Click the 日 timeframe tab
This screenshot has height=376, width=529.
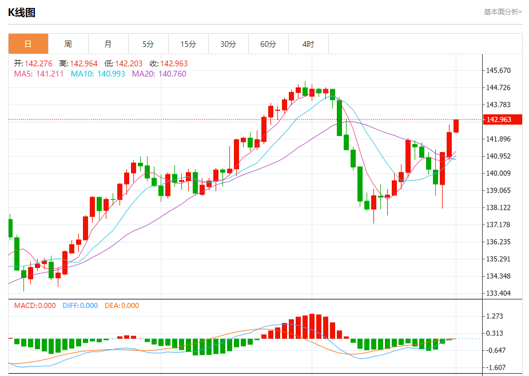tap(28, 44)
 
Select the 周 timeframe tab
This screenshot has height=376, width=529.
tap(68, 44)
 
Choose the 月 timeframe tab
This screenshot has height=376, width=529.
tap(108, 44)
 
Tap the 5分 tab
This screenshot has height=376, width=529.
tap(148, 44)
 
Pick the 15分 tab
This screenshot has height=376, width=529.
tap(188, 44)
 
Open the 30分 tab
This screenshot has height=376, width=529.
tap(228, 44)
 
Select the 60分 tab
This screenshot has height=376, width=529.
tap(268, 44)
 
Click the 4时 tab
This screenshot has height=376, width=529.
tap(308, 44)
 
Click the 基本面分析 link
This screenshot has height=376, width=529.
tap(503, 11)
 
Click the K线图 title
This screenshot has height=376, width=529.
tap(22, 12)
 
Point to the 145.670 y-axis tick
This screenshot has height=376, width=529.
tap(498, 70)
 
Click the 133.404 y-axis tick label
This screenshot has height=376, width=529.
tap(498, 293)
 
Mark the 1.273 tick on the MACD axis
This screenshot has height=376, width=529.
tap(494, 316)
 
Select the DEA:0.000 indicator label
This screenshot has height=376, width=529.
tap(122, 306)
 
